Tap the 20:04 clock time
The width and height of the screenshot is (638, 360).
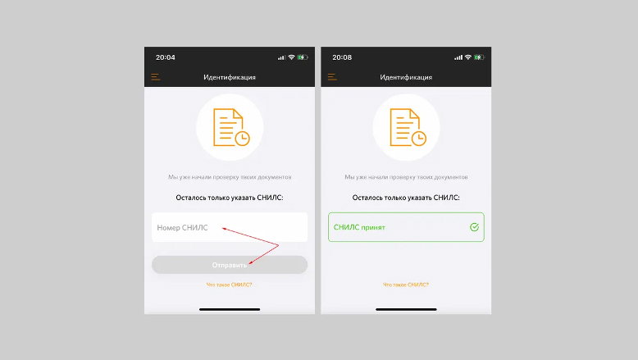point(165,57)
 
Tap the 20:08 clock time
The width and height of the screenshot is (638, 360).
point(342,57)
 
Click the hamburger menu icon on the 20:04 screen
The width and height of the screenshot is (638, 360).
point(156,77)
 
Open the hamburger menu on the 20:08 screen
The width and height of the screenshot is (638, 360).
point(332,77)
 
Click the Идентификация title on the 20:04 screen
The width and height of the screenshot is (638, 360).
point(230,77)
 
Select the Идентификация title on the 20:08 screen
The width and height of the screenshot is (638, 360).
point(406,77)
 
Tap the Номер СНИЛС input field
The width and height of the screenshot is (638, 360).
point(230,227)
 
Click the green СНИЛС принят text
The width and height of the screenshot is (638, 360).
point(359,227)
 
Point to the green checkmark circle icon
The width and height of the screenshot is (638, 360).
point(474,227)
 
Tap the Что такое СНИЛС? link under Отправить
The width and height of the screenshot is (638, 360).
point(229,285)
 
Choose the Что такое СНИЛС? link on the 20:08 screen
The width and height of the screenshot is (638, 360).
point(406,285)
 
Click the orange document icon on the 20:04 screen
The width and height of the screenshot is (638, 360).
point(231,127)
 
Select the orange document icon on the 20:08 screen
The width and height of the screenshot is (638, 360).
point(408,127)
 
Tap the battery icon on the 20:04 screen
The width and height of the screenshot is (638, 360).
point(303,57)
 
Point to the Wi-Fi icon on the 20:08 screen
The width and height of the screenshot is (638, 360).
point(468,57)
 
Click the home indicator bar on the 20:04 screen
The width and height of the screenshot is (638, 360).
point(230,309)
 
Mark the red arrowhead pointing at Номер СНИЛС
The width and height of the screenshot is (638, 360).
point(224,229)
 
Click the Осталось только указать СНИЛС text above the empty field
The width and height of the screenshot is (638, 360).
point(230,198)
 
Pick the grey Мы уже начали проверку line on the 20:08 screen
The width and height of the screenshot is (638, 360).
point(406,177)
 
